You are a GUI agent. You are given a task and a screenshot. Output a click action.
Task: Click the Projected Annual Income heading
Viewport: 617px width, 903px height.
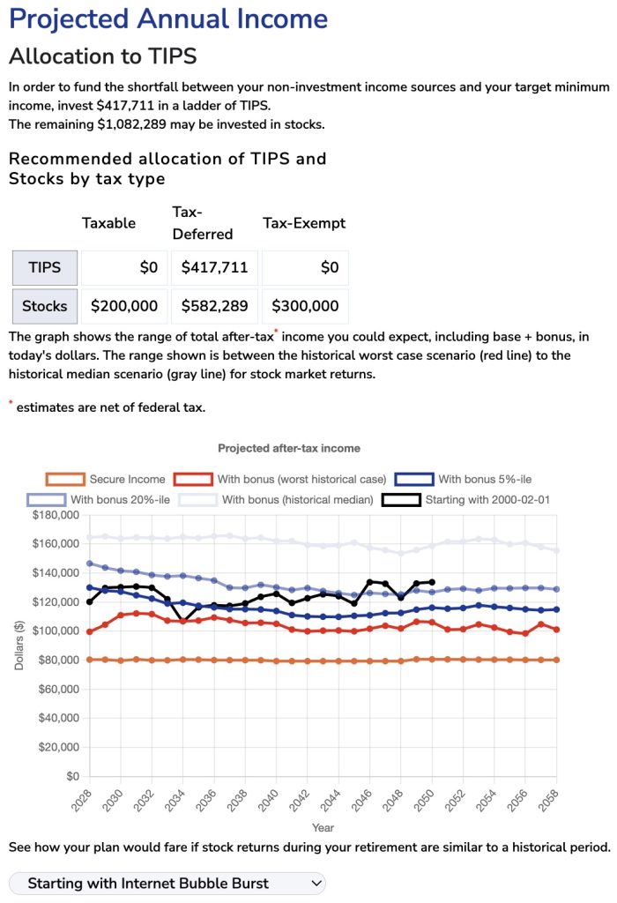coord(168,19)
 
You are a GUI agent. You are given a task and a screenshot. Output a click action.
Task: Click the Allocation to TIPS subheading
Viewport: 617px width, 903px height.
coord(102,56)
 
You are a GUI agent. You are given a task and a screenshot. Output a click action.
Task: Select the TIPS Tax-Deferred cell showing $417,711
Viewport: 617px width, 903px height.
coord(214,267)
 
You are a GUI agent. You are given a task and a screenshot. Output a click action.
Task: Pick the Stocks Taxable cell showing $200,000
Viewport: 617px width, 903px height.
coord(124,306)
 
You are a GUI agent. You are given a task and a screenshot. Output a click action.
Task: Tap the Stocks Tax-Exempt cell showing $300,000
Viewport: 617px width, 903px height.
coord(305,306)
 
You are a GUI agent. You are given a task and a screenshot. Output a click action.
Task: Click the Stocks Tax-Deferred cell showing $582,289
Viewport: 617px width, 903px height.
coord(214,306)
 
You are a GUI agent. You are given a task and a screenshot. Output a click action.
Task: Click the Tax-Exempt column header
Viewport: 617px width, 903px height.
coord(304,223)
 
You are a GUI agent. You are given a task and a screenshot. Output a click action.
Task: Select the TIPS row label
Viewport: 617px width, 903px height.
coord(45,267)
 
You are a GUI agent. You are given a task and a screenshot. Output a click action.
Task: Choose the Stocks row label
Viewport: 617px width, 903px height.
coord(45,306)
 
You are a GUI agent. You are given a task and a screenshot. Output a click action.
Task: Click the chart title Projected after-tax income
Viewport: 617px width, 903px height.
coord(289,448)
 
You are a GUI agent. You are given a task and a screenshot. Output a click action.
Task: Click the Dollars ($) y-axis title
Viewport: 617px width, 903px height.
coord(19,646)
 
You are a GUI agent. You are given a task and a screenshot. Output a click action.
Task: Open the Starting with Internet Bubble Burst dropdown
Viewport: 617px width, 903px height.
coord(167,883)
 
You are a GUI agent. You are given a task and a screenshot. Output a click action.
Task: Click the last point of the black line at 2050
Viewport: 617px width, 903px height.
coord(432,582)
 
